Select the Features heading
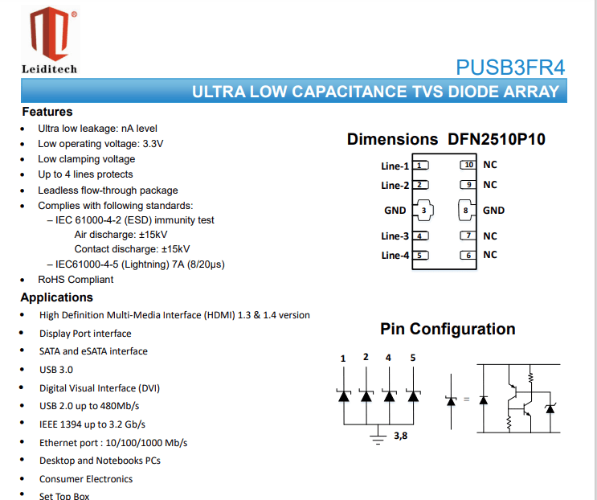[47, 112]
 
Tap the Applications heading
[57, 297]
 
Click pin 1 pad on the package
[421, 166]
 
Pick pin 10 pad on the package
[468, 165]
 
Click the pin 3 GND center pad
[423, 211]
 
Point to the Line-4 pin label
[395, 256]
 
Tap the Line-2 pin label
[395, 186]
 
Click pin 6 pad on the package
[468, 256]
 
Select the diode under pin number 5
[413, 395]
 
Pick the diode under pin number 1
[343, 395]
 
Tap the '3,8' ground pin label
[401, 436]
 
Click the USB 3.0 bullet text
[56, 370]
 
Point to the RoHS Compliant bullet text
[76, 280]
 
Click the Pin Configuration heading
[448, 329]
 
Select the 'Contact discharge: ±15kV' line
[133, 249]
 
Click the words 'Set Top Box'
[64, 496]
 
